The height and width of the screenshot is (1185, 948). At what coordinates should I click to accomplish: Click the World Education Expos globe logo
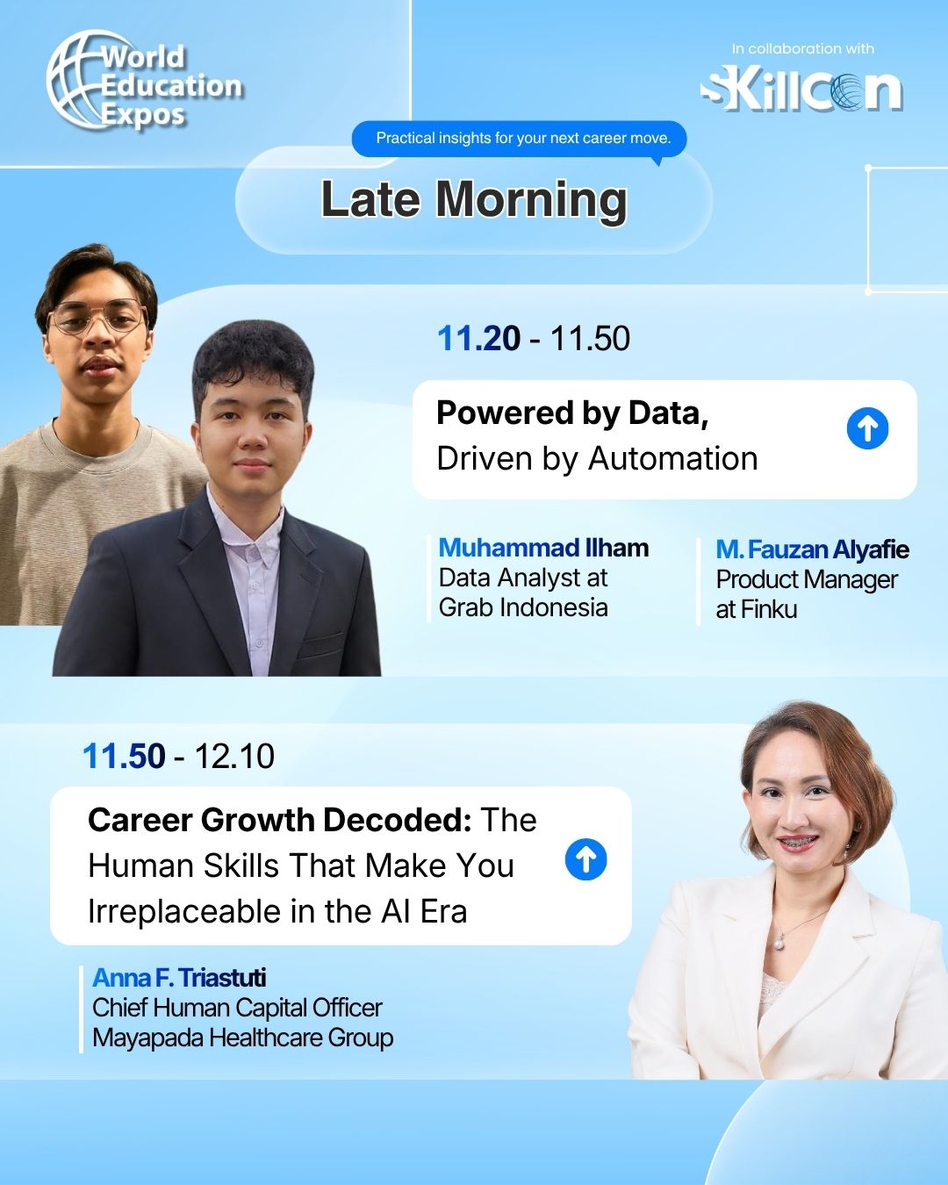pyautogui.click(x=144, y=81)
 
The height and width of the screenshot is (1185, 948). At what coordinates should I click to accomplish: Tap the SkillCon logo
pyautogui.click(x=801, y=90)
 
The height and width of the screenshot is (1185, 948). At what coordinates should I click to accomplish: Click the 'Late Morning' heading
pyautogui.click(x=474, y=199)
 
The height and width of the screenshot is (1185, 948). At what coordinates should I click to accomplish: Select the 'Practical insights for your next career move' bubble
pyautogui.click(x=519, y=138)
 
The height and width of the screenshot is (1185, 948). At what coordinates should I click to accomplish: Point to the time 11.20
pyautogui.click(x=478, y=338)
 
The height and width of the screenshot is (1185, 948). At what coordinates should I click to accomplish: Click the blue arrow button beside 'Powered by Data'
pyautogui.click(x=867, y=427)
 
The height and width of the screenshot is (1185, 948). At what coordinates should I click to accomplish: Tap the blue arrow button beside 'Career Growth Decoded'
pyautogui.click(x=585, y=859)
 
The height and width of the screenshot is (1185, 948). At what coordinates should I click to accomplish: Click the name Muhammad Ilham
pyautogui.click(x=543, y=548)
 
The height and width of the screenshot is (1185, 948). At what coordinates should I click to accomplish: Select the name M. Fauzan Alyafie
pyautogui.click(x=813, y=549)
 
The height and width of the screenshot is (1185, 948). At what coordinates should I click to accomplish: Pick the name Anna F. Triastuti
pyautogui.click(x=179, y=978)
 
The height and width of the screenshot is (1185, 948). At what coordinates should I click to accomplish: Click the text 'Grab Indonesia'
pyautogui.click(x=523, y=607)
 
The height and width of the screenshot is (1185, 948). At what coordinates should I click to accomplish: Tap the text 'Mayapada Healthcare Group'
pyautogui.click(x=243, y=1038)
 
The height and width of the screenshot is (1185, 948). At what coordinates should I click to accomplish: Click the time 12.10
pyautogui.click(x=234, y=756)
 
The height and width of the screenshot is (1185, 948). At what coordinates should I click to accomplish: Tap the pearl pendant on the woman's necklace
pyautogui.click(x=778, y=944)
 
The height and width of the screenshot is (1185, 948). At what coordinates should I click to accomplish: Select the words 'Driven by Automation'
pyautogui.click(x=597, y=459)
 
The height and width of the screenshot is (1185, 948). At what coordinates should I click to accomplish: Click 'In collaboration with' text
pyautogui.click(x=802, y=49)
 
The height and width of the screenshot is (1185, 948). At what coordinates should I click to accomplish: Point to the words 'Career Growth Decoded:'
pyautogui.click(x=280, y=820)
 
